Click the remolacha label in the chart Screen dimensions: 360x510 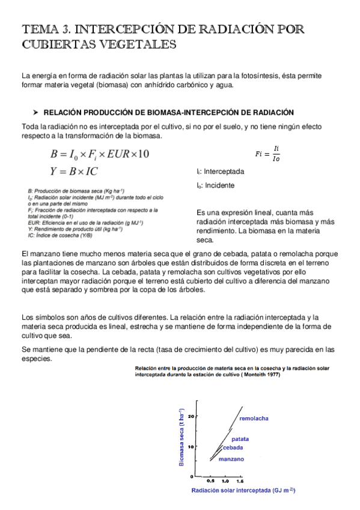254,418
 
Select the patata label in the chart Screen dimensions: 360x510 240,439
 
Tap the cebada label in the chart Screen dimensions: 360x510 233,448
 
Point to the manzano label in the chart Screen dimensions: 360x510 231,459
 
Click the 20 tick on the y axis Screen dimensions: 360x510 191,416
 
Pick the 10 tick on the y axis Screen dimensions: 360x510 191,446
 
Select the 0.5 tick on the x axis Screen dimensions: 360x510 210,481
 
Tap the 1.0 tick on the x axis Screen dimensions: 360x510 225,481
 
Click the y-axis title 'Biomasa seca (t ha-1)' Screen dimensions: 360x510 182,437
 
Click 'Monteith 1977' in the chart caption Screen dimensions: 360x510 260,375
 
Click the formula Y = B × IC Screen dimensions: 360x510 75,171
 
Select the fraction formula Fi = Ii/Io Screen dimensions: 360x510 267,154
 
